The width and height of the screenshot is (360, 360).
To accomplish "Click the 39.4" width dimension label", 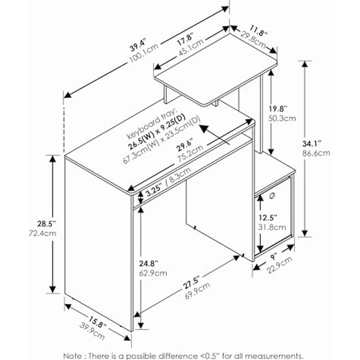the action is [x=138, y=45].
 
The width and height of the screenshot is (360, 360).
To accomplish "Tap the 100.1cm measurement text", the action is [x=144, y=53].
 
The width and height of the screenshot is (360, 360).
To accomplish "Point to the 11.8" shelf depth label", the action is [x=259, y=31].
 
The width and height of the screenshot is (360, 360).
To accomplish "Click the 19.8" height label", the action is [x=278, y=108].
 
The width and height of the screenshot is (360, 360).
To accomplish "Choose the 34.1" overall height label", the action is [x=312, y=144].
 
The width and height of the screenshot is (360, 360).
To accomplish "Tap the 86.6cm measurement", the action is [x=316, y=153].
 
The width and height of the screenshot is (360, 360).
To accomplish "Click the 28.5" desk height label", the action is [x=46, y=224].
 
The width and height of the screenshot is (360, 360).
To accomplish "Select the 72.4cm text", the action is [x=43, y=233].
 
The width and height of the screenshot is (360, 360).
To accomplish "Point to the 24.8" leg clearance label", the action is [x=149, y=264].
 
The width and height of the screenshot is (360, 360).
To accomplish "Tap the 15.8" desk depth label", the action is [x=97, y=322].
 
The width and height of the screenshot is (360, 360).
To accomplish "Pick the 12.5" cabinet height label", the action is [x=268, y=218].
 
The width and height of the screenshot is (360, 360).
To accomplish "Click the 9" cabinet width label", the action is [x=274, y=257].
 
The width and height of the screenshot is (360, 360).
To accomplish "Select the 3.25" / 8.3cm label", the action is [x=168, y=181].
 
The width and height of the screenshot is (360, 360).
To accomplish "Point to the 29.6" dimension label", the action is [x=185, y=145].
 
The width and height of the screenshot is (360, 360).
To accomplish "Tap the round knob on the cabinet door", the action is [x=272, y=196].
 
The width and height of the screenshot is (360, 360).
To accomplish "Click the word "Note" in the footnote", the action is [x=72, y=356].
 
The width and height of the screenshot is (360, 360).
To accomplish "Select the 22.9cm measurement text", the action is [x=279, y=265].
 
